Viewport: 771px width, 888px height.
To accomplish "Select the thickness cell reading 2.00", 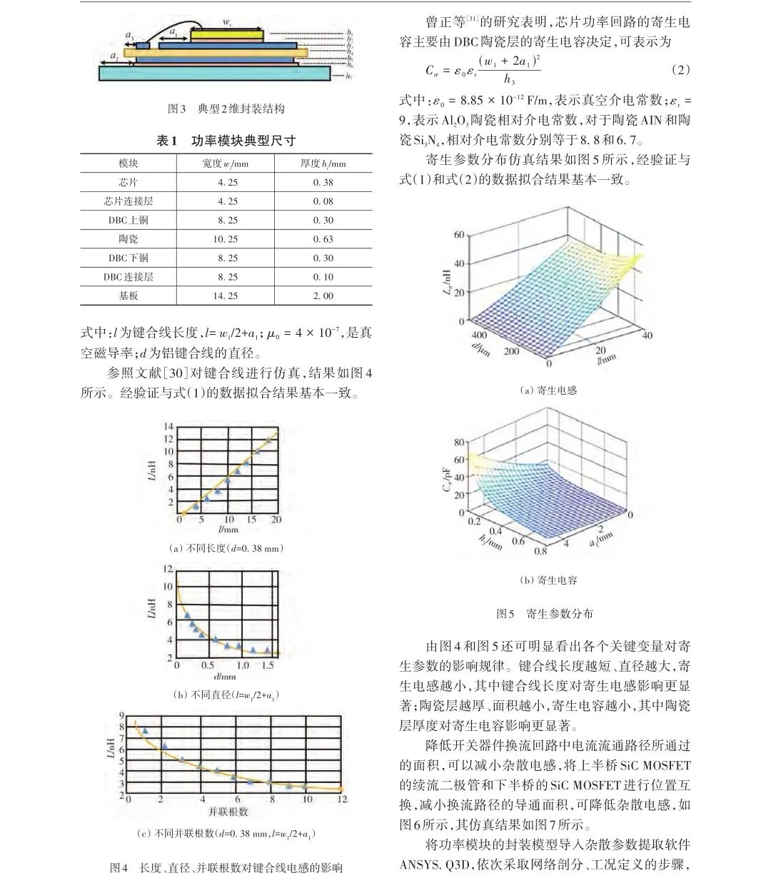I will [323, 296].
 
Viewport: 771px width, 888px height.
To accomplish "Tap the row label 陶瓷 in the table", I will [128, 239].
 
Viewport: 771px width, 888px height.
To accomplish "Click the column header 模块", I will [128, 163].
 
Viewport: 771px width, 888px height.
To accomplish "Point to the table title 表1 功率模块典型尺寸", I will [226, 141].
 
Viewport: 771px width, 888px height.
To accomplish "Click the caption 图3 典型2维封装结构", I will [226, 109].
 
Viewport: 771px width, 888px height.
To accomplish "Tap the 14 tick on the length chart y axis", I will [168, 427].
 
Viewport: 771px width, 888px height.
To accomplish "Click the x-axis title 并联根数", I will [228, 812].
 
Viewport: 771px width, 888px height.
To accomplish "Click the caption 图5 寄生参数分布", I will [544, 613].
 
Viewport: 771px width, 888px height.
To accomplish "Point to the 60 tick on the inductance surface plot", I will [458, 235].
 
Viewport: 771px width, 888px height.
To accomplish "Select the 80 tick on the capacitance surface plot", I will [458, 442].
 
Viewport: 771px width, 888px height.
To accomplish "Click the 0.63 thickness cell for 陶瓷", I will [323, 239].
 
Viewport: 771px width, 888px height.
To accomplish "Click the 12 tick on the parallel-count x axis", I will [342, 799].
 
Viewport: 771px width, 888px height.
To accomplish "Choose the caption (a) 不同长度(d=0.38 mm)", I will [226, 548].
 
